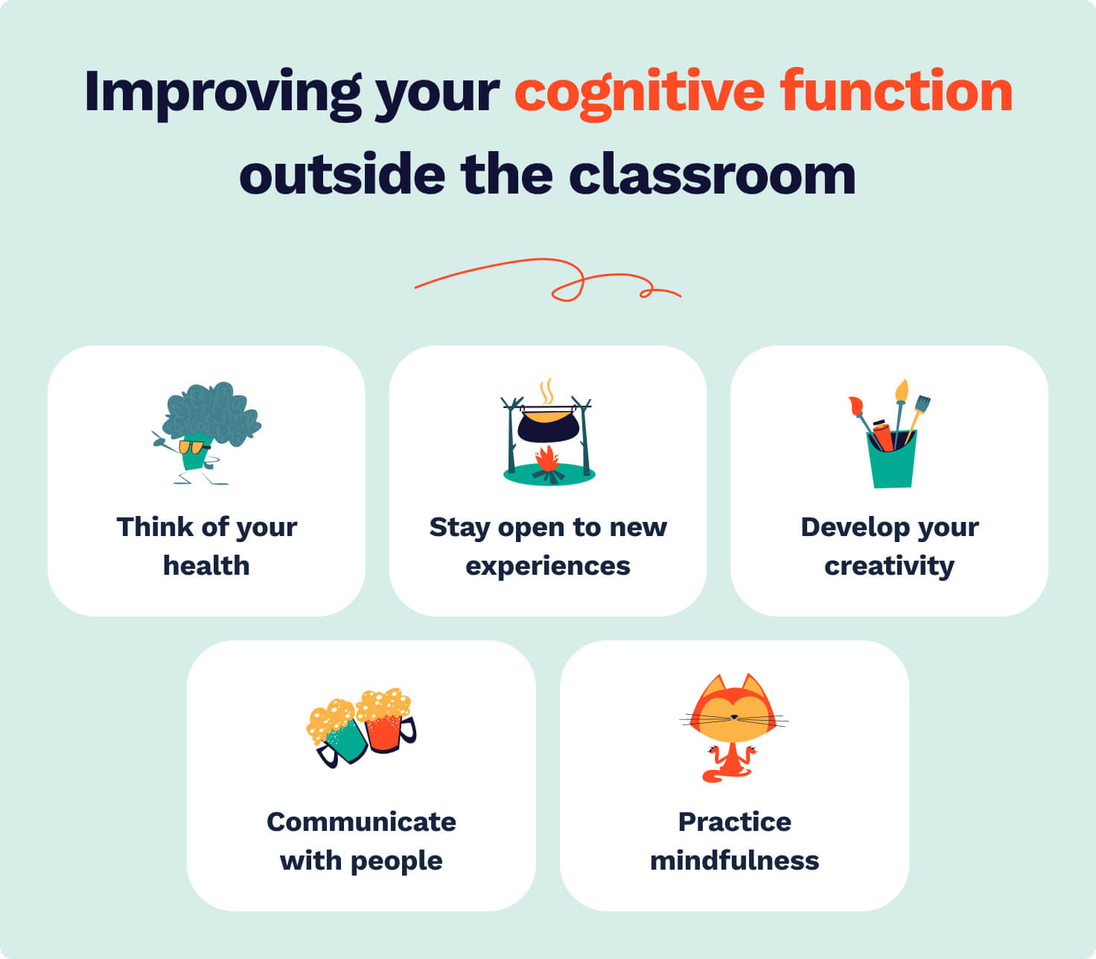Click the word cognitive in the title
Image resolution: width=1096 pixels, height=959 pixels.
click(639, 92)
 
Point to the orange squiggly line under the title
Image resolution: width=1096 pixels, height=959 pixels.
click(547, 280)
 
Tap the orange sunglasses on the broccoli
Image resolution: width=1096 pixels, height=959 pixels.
click(192, 447)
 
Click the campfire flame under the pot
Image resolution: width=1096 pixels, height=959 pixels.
click(547, 459)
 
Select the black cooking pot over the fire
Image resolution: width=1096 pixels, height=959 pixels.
click(548, 426)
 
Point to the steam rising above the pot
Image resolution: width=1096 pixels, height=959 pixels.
click(547, 392)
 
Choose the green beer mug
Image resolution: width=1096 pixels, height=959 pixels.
click(342, 740)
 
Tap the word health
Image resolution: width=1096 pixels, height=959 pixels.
click(206, 566)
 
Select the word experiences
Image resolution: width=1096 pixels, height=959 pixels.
click(547, 567)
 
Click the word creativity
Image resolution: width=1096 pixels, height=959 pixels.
click(889, 567)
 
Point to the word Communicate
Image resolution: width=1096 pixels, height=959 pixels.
click(361, 822)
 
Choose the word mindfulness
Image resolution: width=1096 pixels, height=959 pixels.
click(734, 861)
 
